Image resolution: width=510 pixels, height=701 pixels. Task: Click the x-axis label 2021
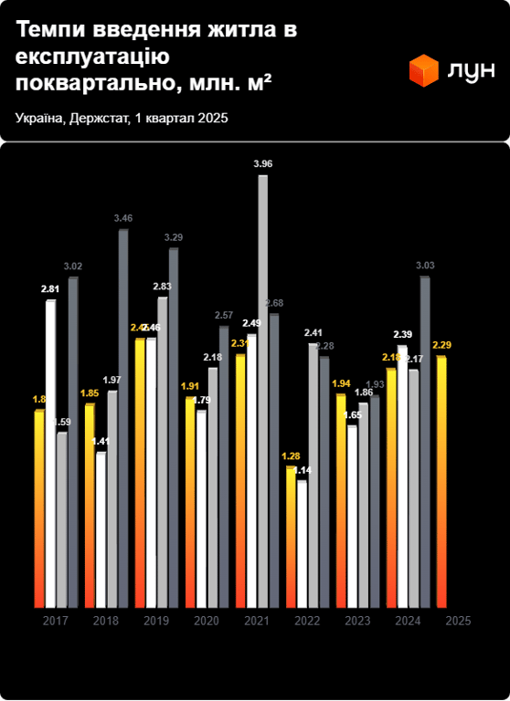point(257,621)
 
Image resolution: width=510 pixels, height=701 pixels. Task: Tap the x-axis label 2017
point(56,621)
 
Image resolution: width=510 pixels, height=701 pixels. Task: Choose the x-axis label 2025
point(458,621)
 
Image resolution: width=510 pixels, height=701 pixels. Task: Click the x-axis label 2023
point(357,621)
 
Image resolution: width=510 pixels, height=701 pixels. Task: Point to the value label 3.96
point(263,163)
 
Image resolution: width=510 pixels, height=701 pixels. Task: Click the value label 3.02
point(73,267)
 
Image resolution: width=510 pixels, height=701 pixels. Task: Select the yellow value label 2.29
point(443,345)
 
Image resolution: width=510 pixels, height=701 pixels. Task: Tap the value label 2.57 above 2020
point(224,315)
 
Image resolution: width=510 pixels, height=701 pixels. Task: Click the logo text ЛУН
point(471,70)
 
